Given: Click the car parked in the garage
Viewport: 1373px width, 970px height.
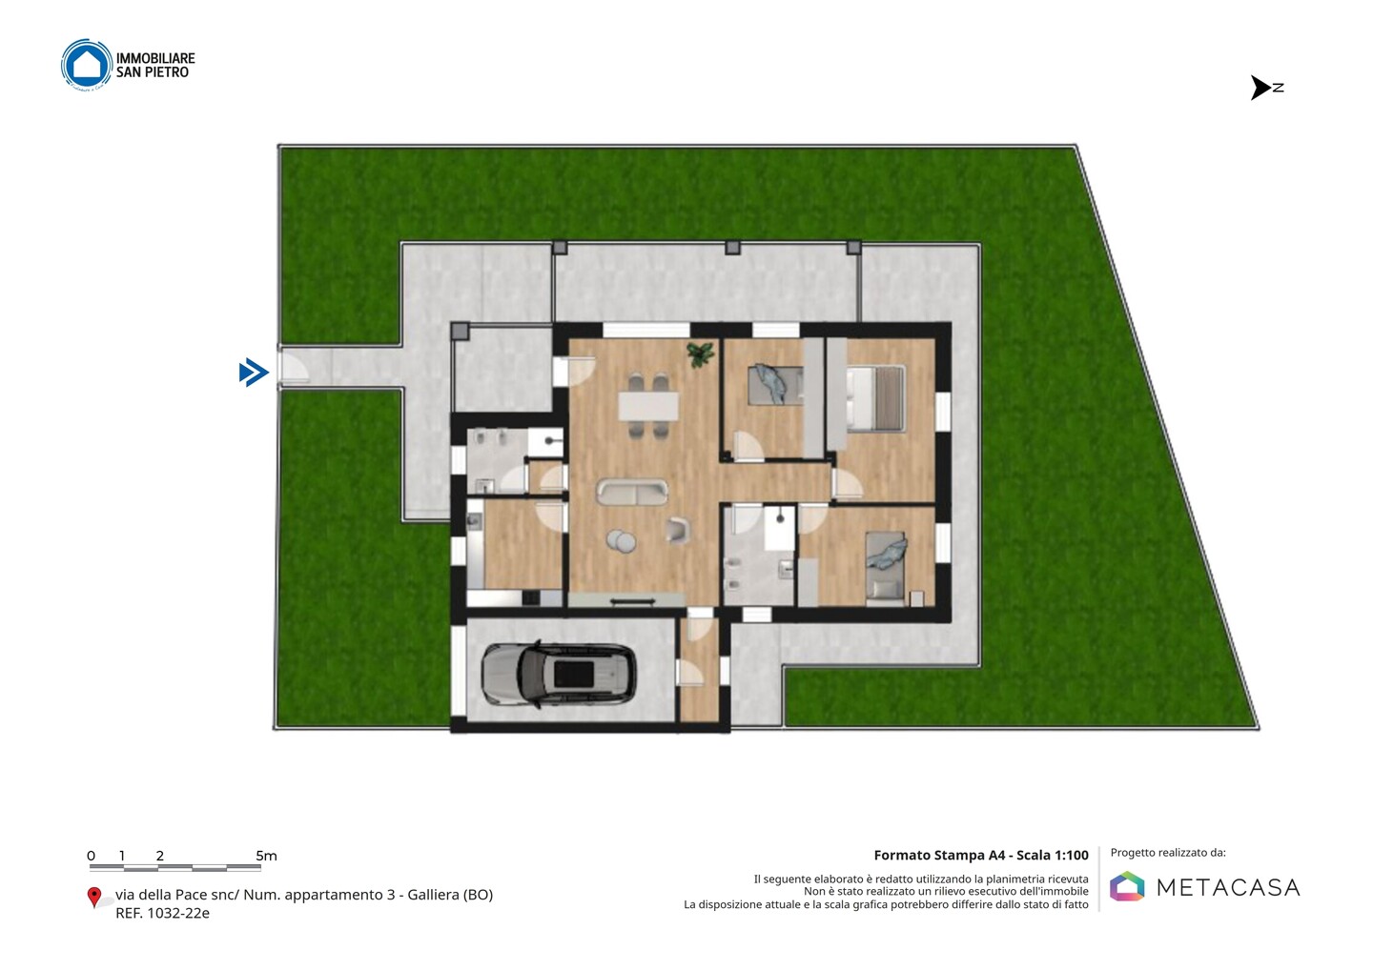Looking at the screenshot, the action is coord(559,675).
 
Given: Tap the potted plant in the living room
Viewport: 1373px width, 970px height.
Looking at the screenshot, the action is coord(701,354).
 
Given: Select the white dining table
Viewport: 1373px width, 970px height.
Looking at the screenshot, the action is coord(648,406).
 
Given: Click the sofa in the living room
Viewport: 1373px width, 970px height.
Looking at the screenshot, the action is coord(632,492).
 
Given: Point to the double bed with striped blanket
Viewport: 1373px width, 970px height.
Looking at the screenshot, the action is coord(876,398).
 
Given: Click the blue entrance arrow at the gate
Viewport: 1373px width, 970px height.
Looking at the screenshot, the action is coord(254,372).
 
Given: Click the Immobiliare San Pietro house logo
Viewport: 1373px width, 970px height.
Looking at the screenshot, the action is coord(87,64).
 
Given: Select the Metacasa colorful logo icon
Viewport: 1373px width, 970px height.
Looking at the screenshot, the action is coord(1127,886).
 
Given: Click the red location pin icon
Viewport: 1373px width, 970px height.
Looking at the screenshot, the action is coord(93,897).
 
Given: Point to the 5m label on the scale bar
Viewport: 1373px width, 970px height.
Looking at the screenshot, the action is coord(267,856).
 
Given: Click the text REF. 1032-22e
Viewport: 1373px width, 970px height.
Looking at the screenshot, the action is coord(162,913).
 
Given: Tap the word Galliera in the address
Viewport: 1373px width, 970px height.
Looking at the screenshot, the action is coord(433,895).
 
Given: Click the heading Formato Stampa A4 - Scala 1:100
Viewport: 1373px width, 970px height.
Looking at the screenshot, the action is coord(981,855).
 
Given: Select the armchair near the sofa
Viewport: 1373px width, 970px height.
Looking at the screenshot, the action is coord(678,530).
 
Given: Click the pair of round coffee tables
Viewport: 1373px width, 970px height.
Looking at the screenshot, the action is coord(622,541).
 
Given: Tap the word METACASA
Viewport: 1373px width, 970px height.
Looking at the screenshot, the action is coord(1228,887).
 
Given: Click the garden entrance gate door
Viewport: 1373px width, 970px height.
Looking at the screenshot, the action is coord(293,367).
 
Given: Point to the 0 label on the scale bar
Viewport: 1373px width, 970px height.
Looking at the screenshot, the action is coord(92,856).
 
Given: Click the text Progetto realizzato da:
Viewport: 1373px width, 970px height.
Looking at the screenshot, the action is coord(1168,853).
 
